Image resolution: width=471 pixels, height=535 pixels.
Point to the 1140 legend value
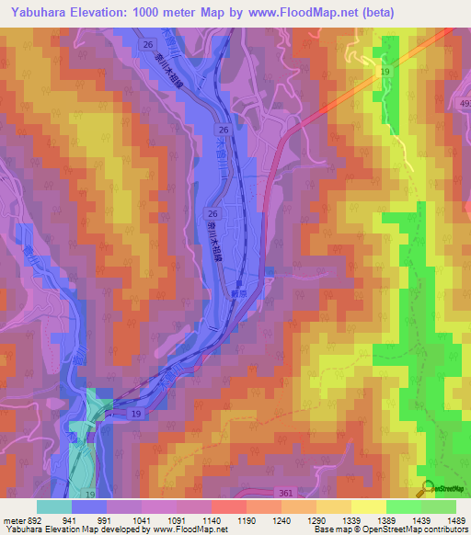[211, 519]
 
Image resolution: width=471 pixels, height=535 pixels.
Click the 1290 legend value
[316, 519]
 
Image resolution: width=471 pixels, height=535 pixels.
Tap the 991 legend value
[107, 519]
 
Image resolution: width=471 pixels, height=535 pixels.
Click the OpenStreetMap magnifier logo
[428, 489]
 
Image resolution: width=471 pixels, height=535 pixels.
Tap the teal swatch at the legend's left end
[54, 507]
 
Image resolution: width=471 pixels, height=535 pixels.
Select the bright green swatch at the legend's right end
[439, 507]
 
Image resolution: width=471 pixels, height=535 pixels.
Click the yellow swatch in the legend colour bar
[369, 507]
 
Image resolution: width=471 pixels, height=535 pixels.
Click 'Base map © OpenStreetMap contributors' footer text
[390, 529]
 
